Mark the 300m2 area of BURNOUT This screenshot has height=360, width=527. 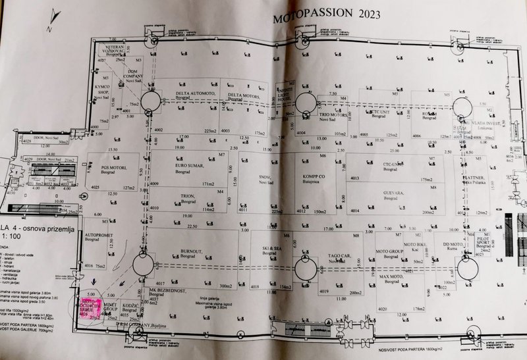[x=225, y=286]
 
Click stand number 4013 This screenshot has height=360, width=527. [x=355, y=178]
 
